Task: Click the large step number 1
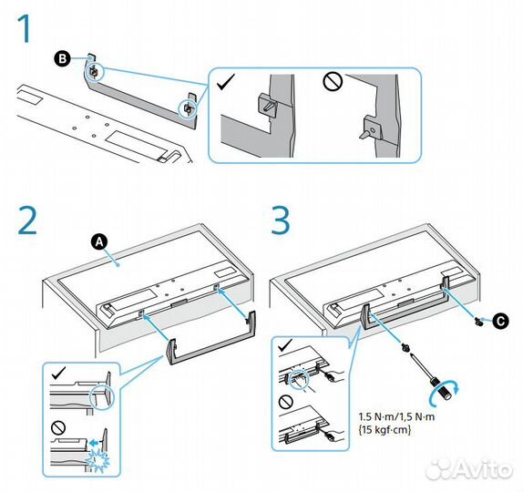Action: (x=26, y=28)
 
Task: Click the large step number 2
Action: (x=27, y=220)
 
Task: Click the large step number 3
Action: (x=281, y=220)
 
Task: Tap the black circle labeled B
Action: (x=62, y=59)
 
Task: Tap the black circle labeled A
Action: (x=99, y=241)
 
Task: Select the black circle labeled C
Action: (x=500, y=321)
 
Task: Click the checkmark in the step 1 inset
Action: (x=226, y=82)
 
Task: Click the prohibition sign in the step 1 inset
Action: (x=333, y=82)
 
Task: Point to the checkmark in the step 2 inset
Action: (x=59, y=373)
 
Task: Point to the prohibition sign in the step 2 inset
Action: (x=58, y=427)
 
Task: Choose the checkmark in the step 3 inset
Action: (x=285, y=345)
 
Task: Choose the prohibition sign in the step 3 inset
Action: (x=286, y=402)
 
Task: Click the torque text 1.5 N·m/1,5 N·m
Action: (x=396, y=416)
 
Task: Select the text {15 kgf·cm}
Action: (x=385, y=429)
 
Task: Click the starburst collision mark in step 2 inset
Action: (x=97, y=461)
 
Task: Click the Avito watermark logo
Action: (x=469, y=469)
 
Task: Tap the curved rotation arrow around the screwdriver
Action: (x=445, y=394)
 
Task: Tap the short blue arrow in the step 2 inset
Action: (x=95, y=443)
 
